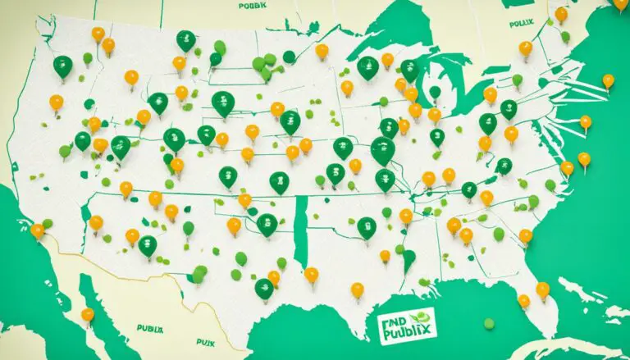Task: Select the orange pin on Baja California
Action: click(x=88, y=314)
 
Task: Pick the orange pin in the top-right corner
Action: click(x=621, y=4)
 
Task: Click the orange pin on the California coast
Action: click(x=37, y=231)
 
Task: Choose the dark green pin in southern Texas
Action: click(x=263, y=288)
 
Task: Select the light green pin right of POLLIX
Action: click(x=565, y=37)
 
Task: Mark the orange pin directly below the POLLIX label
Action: click(x=525, y=48)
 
